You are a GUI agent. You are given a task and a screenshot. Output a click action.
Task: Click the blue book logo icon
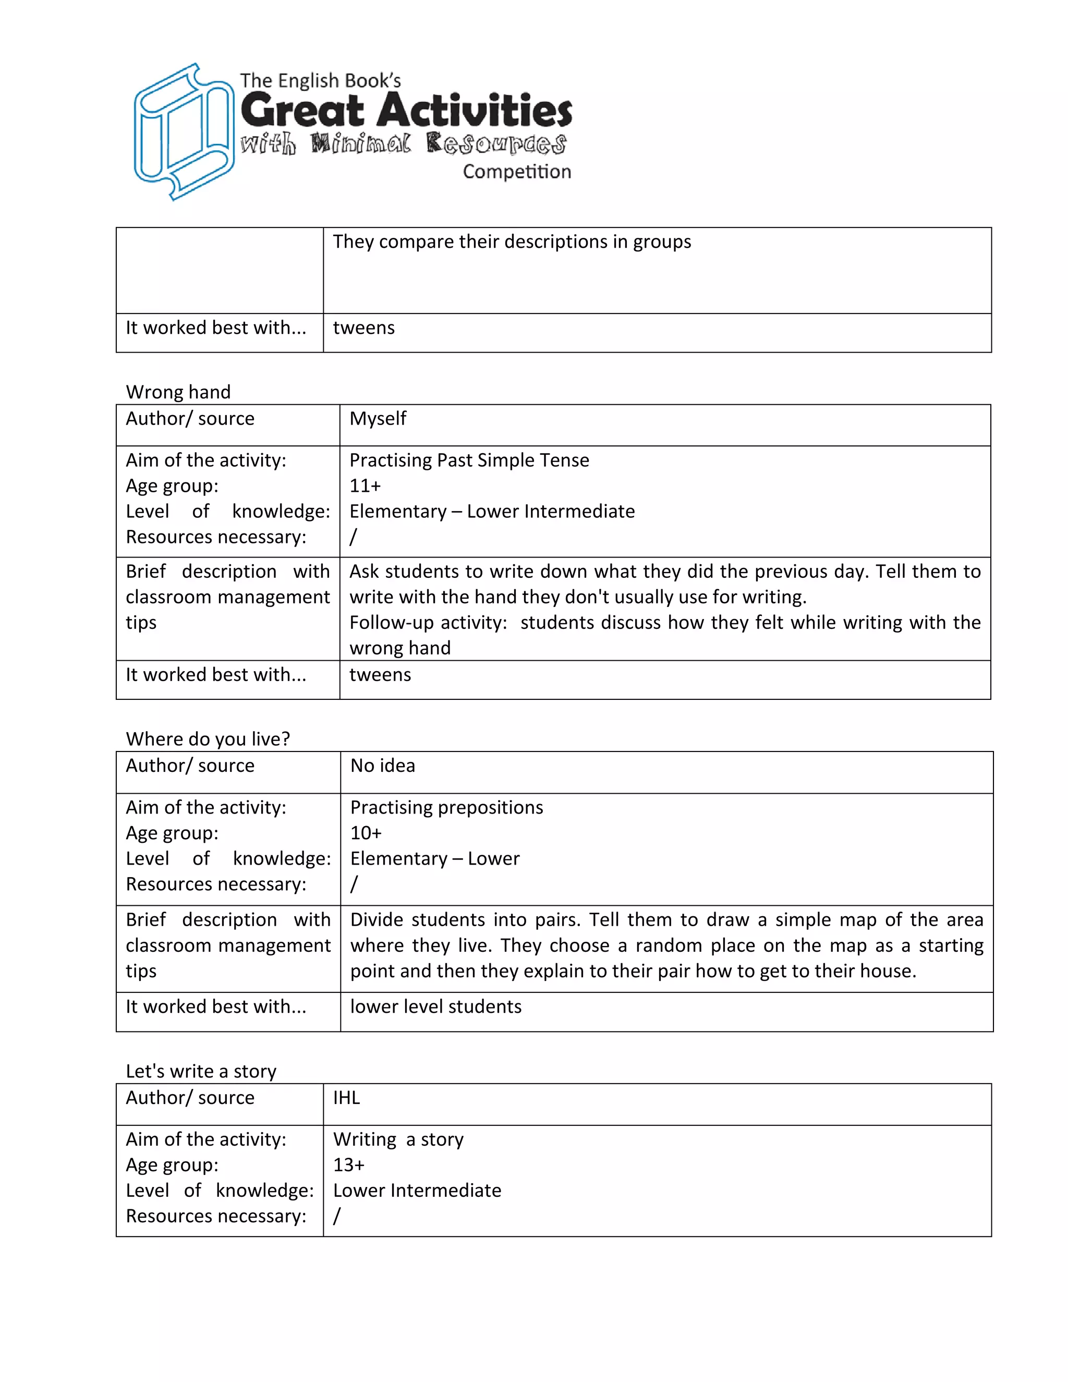[x=183, y=131]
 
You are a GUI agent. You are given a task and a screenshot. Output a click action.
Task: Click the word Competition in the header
[x=516, y=172]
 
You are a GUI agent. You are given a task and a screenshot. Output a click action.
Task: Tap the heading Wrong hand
[x=178, y=392]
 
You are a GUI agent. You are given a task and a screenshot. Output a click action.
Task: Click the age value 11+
[x=365, y=486]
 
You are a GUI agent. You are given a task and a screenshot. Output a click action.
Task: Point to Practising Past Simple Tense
[x=469, y=460]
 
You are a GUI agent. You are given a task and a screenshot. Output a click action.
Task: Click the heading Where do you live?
[x=208, y=738]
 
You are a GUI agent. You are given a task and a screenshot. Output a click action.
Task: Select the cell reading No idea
[x=383, y=766]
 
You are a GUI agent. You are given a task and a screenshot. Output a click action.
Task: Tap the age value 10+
[x=366, y=833]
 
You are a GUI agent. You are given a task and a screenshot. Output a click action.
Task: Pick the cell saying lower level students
[x=436, y=1006]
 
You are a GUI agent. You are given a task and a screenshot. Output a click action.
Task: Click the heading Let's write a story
[x=201, y=1071]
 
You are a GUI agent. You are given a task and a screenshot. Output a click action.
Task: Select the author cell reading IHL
[x=347, y=1097]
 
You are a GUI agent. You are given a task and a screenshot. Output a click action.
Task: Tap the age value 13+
[x=349, y=1165]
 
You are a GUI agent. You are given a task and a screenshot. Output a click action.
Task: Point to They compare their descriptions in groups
[x=512, y=242]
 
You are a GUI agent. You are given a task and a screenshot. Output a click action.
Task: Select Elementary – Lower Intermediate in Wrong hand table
[x=492, y=511]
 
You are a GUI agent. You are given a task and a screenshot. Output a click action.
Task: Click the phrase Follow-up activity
[x=428, y=623]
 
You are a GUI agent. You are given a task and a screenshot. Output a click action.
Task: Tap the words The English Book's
[x=320, y=81]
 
